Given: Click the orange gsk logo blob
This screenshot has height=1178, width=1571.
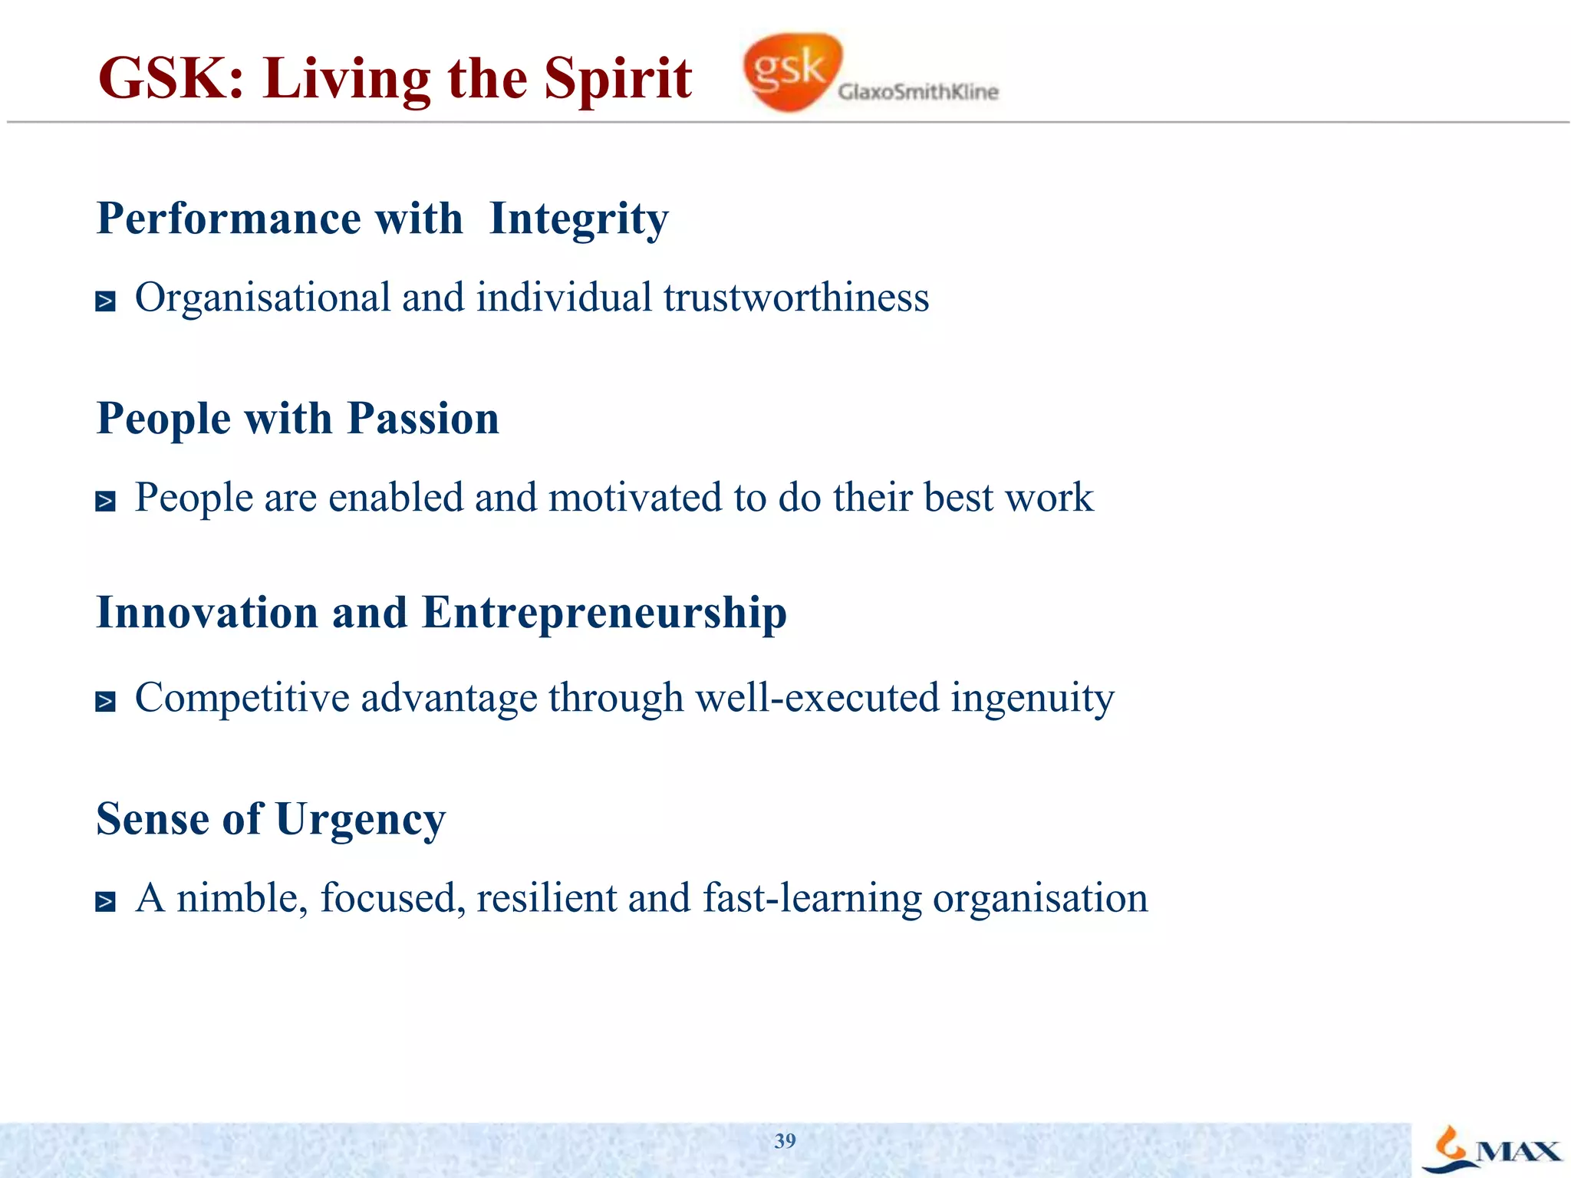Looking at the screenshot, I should coord(790,71).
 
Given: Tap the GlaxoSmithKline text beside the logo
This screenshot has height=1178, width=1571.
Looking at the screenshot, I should coord(918,92).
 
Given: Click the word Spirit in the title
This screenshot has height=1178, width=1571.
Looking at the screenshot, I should coord(618,78).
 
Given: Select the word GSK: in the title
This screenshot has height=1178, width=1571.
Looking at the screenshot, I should coord(171,78).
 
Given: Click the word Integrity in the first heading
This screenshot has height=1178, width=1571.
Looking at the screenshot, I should coord(578,219).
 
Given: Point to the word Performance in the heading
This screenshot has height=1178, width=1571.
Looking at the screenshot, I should coord(229,219).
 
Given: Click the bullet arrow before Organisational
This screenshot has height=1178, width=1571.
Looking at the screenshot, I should coord(106,301).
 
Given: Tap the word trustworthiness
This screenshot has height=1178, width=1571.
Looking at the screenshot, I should coord(796,298).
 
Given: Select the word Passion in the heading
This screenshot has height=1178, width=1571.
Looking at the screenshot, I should coord(423,419).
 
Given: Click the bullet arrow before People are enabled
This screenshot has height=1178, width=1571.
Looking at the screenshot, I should coord(106,502).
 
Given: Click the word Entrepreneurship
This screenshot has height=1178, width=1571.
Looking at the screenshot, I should coord(604,614).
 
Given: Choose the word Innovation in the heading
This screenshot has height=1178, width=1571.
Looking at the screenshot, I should coord(207,614).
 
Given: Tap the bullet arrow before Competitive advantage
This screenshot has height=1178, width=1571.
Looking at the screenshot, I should coord(106,702).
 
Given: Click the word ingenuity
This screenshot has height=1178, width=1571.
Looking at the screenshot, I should coord(1033,699).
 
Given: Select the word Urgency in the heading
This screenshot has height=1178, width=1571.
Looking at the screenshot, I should coord(361,821).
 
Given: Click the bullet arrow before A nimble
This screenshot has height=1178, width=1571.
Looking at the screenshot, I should coord(106,902).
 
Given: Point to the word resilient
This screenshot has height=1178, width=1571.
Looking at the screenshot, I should coord(546,898).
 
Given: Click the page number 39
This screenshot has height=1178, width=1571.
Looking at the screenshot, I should coord(785,1141).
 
